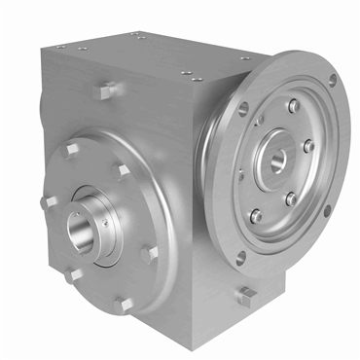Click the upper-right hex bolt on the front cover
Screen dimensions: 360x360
point(123,170)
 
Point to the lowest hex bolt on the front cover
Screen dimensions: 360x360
point(123,304)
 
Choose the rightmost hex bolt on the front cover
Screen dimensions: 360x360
point(149,255)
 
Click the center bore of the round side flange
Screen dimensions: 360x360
point(277,156)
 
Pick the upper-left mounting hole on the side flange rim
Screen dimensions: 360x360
point(243,110)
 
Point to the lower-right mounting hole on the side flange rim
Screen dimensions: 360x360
point(325,209)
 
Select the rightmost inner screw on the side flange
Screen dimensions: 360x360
point(309,146)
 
